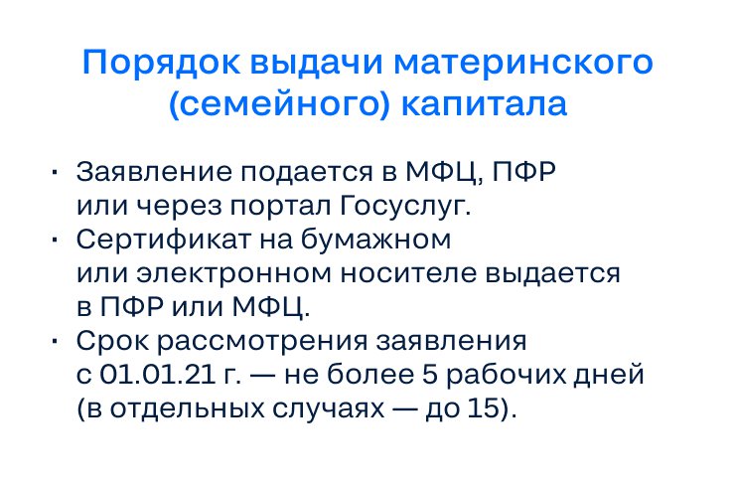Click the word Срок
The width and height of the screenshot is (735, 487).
pos(104,342)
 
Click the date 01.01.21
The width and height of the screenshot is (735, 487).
pos(145,377)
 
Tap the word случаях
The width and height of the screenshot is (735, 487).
pos(324,409)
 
